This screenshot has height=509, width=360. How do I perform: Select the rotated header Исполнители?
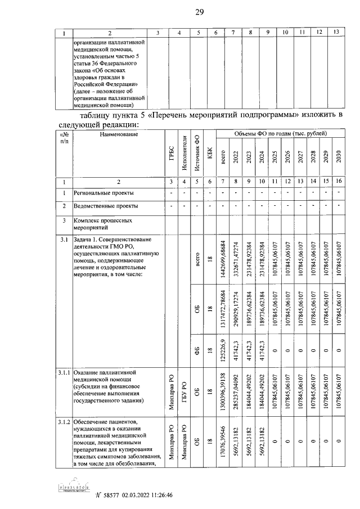coord(184,153)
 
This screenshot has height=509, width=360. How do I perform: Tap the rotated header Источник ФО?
coord(197,153)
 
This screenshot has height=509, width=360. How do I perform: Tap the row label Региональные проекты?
coord(104,193)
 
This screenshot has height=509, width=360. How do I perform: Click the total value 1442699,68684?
coord(222,256)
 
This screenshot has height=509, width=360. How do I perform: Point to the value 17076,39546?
coord(222,442)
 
